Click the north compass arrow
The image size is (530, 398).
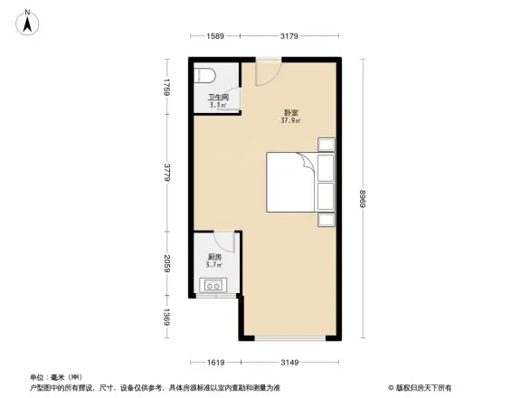(28, 21)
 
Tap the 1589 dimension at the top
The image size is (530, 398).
(215, 36)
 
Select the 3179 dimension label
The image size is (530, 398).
(289, 36)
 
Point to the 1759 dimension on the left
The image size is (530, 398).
(167, 87)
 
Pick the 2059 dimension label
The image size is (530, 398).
(167, 265)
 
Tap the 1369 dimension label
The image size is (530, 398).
(167, 318)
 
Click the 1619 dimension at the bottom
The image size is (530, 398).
(215, 363)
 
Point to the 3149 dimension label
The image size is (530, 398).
(290, 363)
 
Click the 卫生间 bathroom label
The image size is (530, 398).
(218, 97)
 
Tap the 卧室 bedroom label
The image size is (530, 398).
(289, 112)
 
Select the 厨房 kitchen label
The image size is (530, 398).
(213, 257)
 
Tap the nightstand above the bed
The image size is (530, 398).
(325, 144)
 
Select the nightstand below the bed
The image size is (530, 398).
(325, 219)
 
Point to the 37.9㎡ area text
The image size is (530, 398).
(290, 120)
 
